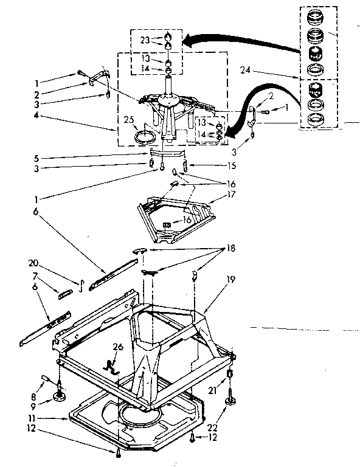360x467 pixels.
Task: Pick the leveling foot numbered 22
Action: pyautogui.click(x=232, y=400)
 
